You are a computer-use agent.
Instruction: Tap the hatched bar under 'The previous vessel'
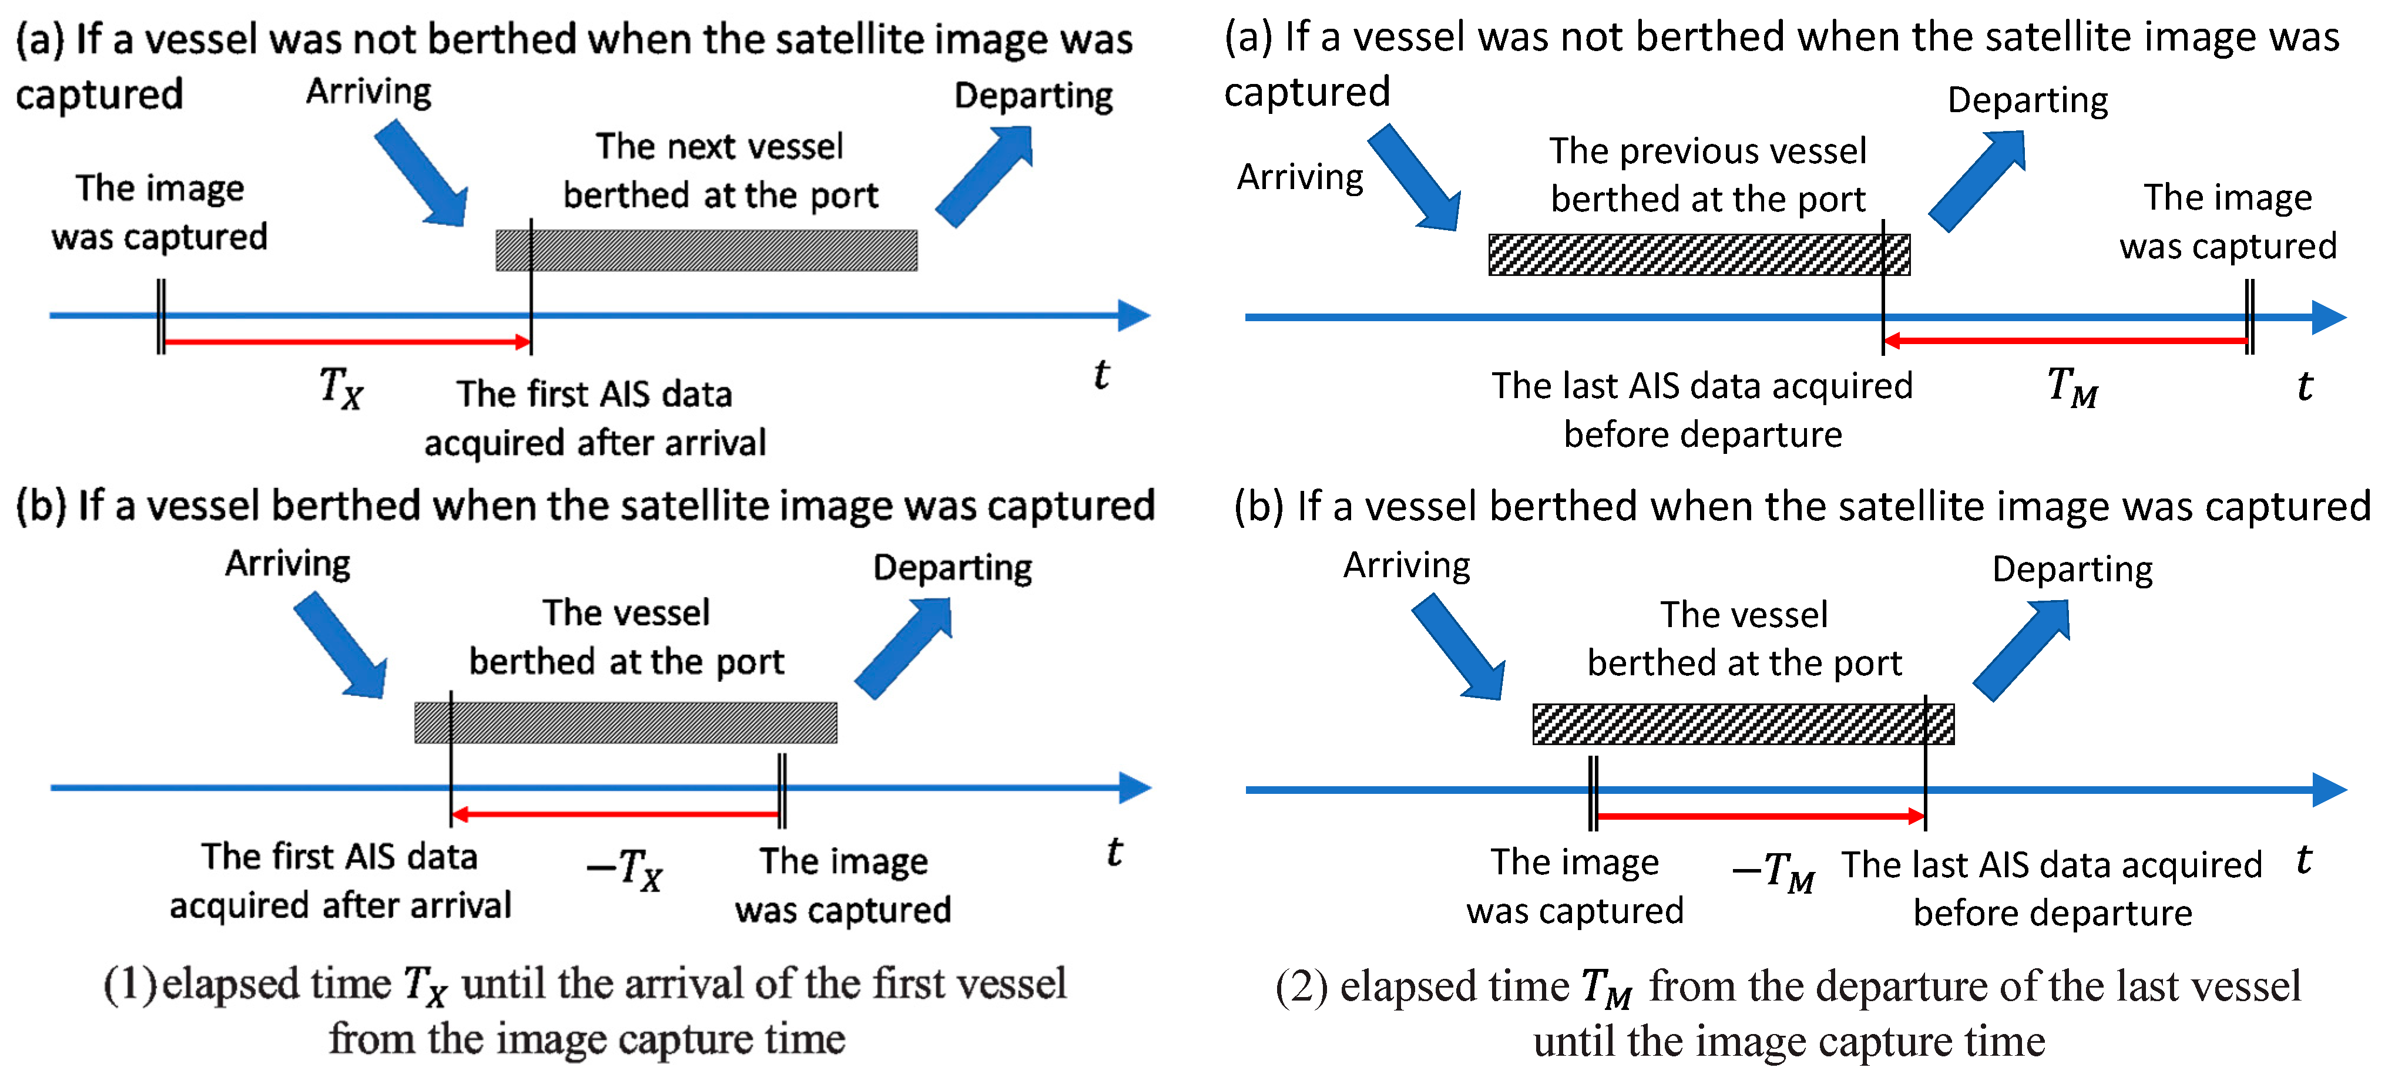(1698, 254)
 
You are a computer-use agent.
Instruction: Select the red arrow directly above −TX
(616, 814)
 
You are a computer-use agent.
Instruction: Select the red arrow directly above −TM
(1760, 816)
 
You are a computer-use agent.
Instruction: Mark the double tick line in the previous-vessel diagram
(2249, 316)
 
